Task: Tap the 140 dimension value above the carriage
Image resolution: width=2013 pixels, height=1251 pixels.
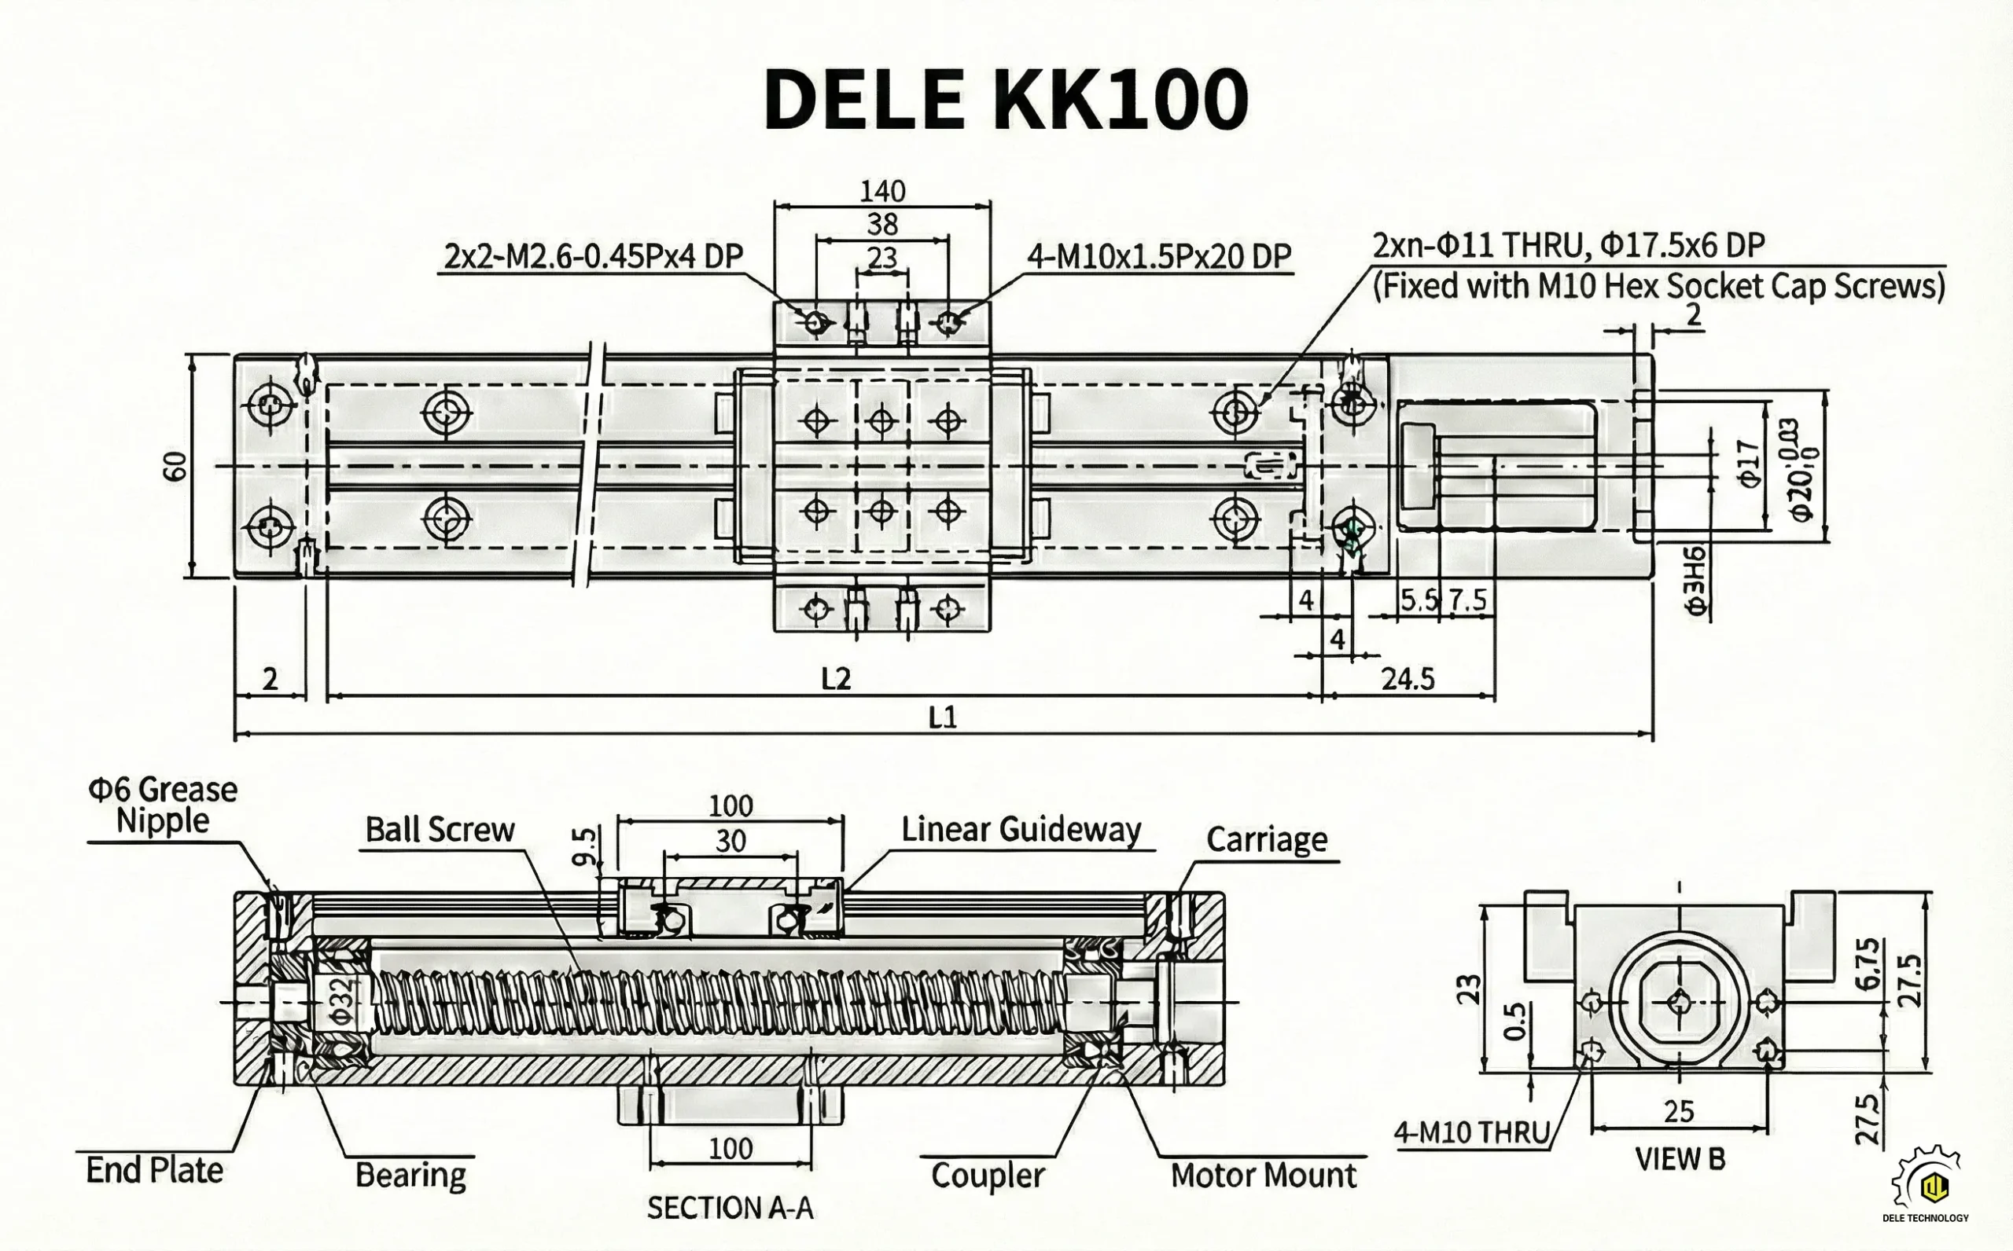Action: point(882,191)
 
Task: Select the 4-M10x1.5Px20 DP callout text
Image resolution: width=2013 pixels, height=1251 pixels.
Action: point(1159,256)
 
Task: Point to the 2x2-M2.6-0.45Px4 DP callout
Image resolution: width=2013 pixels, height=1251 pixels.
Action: point(594,256)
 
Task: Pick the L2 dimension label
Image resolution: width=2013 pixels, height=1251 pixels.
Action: point(836,679)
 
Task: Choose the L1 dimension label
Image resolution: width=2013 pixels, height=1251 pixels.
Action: point(943,717)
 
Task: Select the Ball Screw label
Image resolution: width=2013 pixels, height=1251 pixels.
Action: point(440,829)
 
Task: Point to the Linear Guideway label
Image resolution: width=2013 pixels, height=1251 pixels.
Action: point(1021,829)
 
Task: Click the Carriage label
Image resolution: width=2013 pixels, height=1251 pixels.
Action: point(1267,839)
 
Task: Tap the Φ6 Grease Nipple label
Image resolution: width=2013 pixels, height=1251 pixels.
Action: point(163,804)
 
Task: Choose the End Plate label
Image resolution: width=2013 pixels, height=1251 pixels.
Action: point(155,1171)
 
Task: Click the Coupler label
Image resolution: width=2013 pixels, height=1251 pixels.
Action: point(988,1175)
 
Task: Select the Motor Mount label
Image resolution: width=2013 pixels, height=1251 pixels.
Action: point(1263,1175)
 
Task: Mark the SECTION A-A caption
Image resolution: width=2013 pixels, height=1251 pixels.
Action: point(730,1208)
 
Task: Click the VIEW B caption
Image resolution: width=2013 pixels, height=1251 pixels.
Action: point(1680,1159)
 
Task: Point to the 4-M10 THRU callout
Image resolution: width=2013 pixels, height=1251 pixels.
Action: point(1471,1132)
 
